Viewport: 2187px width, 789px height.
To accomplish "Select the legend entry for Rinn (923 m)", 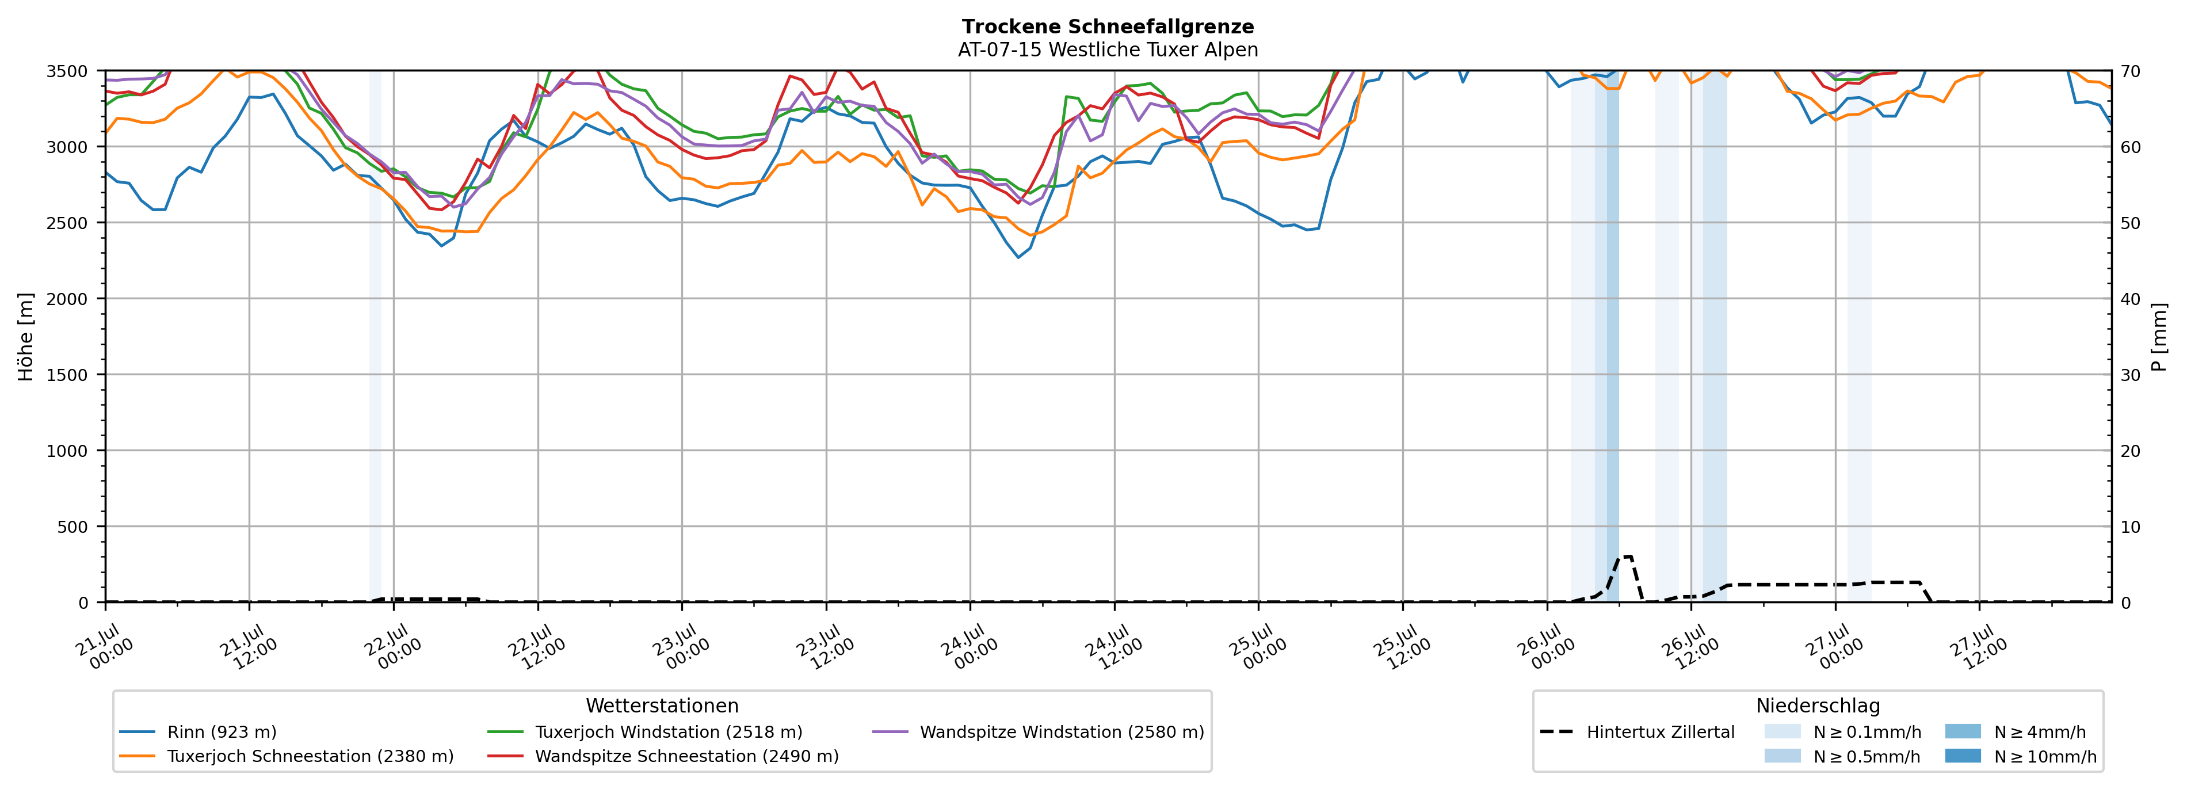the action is (198, 732).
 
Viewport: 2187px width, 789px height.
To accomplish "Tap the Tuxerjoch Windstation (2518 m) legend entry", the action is (645, 732).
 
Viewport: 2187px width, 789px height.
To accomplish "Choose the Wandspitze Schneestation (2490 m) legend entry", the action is (663, 756).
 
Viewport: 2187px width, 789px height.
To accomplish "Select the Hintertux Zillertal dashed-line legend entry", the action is (1637, 732).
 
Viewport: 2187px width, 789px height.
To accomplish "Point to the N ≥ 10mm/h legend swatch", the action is (1962, 756).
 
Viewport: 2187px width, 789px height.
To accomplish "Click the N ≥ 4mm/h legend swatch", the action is (1962, 731).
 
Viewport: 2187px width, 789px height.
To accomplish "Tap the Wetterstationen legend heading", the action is (662, 706).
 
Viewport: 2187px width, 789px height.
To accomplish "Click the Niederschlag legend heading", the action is (1818, 706).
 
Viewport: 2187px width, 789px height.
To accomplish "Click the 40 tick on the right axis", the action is (2130, 299).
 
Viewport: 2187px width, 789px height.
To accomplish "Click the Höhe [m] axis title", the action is (26, 336).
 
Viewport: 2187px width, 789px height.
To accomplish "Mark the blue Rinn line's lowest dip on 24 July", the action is (1019, 257).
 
